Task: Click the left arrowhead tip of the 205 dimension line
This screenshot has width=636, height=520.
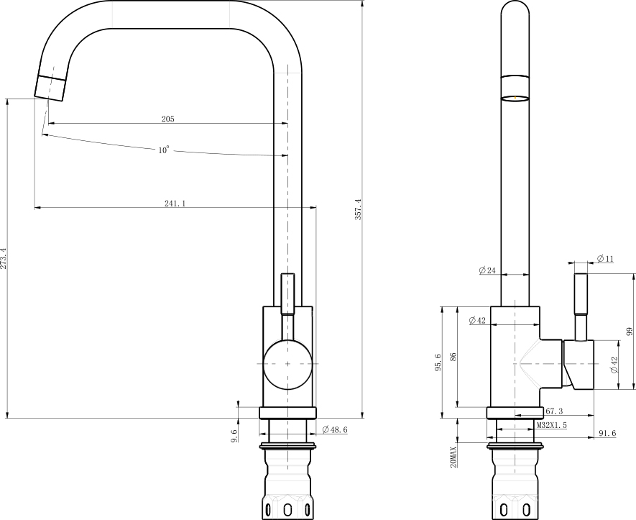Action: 48,123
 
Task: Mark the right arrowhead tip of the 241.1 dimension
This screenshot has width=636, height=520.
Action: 316,208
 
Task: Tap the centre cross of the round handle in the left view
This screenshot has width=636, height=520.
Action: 287,364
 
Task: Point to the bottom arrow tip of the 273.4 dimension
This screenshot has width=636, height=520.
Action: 7,418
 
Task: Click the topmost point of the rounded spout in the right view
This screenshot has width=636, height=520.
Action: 515,1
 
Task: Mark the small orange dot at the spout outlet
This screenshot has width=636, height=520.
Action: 515,97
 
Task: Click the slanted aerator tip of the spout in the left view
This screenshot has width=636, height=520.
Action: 50,88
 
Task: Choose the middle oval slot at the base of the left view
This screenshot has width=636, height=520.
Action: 287,509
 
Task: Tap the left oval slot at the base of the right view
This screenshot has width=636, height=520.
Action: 504,509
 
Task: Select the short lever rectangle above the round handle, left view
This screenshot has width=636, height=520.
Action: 287,294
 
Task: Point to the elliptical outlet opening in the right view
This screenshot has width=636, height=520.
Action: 515,98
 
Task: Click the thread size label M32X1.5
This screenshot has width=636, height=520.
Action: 552,425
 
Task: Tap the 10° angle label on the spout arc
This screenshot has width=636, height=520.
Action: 163,150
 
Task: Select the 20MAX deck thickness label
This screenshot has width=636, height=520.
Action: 453,457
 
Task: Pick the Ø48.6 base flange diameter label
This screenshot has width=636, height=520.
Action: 335,429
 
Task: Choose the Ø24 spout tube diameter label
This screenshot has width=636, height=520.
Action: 487,270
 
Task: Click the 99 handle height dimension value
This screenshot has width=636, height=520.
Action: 629,332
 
